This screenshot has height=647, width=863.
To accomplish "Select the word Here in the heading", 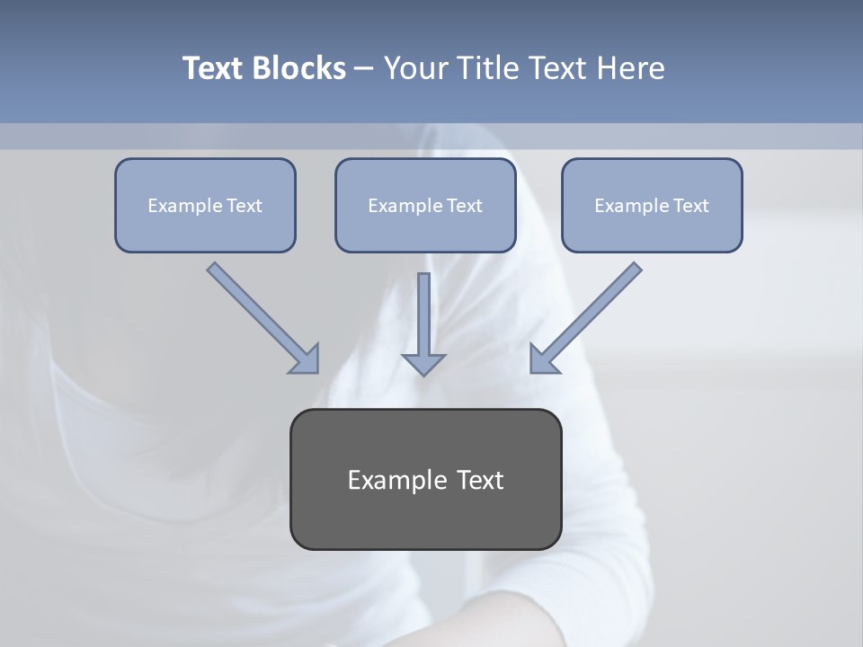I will tap(631, 68).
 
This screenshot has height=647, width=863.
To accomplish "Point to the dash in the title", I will tap(364, 69).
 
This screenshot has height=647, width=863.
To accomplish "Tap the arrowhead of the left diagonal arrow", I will tap(306, 359).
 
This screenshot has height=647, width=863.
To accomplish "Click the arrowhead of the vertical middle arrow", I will tap(423, 364).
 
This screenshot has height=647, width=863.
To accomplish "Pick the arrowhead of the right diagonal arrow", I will tap(544, 359).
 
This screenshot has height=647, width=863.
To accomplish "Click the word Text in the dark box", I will tap(481, 480).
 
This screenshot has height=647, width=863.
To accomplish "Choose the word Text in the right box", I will tap(691, 206).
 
